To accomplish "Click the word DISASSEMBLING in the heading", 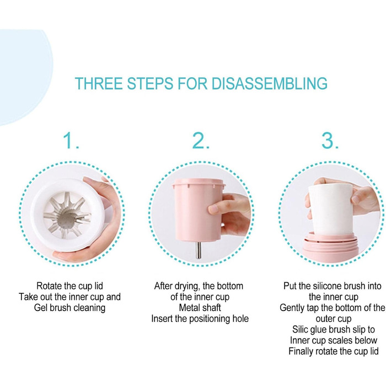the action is [269, 83].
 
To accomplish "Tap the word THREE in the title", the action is [99, 83].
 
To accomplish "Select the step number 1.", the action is [71, 141].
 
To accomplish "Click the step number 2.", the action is [200, 141].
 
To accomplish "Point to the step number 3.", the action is [330, 141].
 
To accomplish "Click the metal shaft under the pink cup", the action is [199, 250].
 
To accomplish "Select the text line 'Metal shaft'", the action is [200, 308].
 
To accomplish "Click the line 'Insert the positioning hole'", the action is [200, 319].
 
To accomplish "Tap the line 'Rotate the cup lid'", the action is [69, 286].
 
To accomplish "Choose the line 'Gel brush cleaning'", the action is [69, 308].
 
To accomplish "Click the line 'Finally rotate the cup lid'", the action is [333, 351].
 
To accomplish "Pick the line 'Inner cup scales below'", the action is [333, 340].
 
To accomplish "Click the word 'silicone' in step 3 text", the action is [327, 286].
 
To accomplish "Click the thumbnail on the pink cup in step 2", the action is [213, 209].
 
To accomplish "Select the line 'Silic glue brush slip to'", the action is [333, 330].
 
